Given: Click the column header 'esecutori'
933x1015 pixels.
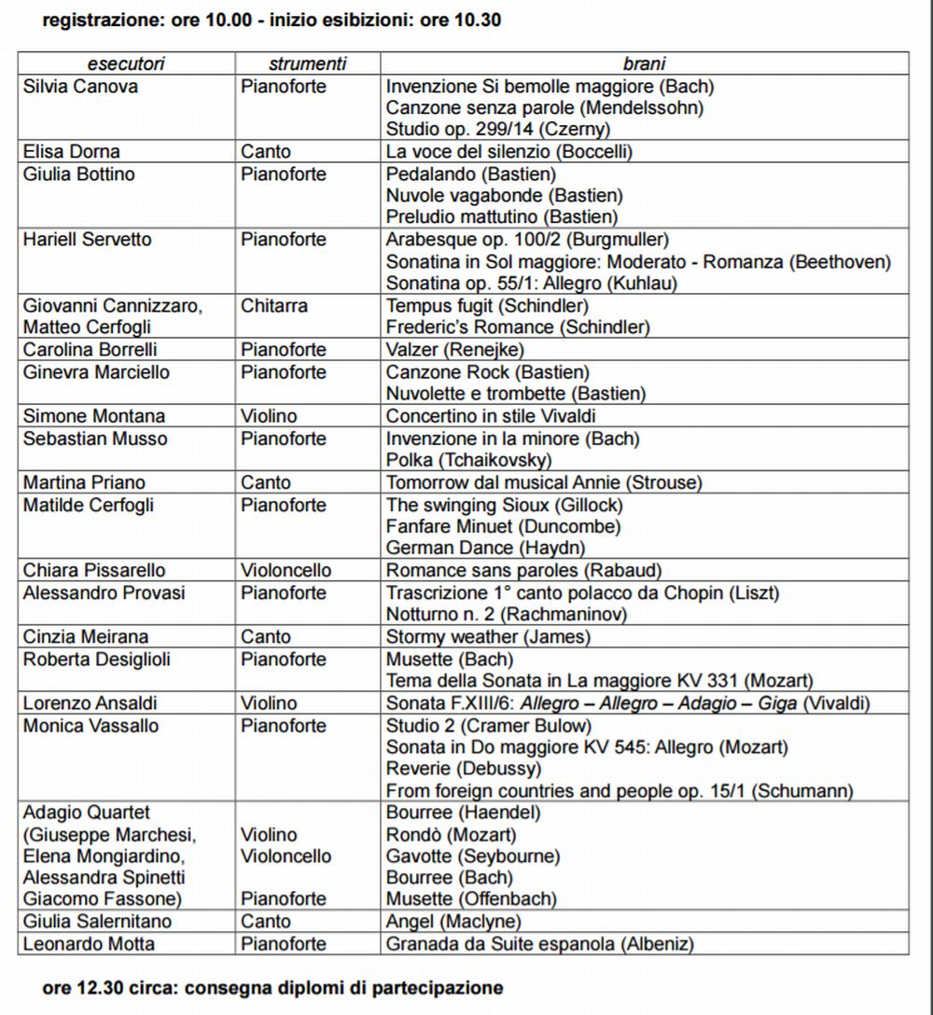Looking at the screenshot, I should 126,64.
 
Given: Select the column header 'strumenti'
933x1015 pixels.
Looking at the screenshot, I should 307,64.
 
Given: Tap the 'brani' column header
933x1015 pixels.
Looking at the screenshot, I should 644,64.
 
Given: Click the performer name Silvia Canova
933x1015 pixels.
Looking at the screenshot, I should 80,87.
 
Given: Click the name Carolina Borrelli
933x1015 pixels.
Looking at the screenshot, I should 90,350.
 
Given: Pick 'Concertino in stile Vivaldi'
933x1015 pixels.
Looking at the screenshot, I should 491,416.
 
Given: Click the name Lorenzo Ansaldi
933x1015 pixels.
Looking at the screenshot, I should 91,703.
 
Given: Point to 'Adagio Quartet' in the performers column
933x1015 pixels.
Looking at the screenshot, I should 86,813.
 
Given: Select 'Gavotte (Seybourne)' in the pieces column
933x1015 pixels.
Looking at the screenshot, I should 473,856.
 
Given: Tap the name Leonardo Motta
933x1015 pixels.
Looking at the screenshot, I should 89,944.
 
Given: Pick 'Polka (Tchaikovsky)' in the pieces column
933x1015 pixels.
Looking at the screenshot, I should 468,460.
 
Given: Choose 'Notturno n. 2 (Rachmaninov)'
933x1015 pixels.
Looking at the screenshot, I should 506,615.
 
